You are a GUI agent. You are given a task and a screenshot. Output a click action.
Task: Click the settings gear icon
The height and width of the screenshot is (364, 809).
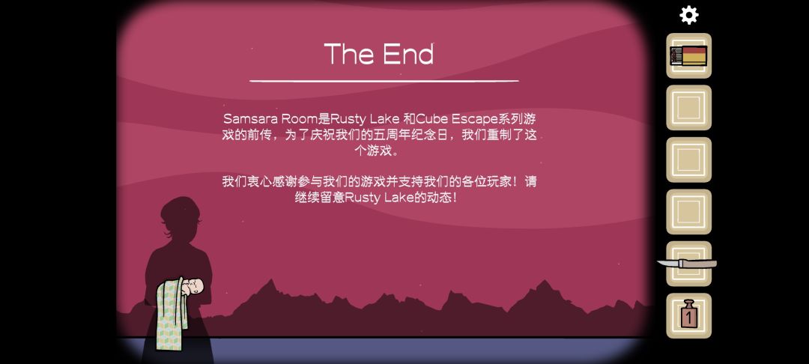point(689,15)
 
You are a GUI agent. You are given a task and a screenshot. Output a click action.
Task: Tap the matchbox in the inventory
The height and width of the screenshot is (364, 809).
point(688,55)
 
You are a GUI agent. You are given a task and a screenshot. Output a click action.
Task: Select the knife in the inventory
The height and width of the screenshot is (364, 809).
point(687,264)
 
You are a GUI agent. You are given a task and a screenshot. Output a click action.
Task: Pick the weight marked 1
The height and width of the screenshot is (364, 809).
point(688,314)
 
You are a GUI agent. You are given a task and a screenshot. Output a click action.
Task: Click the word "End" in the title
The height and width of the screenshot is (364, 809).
point(408,54)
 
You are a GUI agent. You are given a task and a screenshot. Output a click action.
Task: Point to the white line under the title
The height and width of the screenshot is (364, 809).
point(384,81)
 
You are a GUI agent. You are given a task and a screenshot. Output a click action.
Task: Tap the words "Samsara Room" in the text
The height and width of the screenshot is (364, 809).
point(270,118)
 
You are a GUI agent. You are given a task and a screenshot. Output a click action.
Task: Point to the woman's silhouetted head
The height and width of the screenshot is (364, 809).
point(180,216)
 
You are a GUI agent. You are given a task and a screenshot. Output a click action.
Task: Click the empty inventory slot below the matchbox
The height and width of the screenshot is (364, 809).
point(688,108)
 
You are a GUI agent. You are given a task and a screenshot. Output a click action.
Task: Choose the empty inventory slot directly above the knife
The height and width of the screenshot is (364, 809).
point(688,212)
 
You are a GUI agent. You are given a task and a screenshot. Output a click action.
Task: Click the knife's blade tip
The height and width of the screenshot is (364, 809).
point(658,262)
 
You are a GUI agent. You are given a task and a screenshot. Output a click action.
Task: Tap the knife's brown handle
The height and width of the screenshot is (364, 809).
point(697,264)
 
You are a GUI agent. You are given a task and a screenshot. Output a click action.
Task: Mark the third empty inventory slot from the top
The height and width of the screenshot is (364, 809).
point(688,212)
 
